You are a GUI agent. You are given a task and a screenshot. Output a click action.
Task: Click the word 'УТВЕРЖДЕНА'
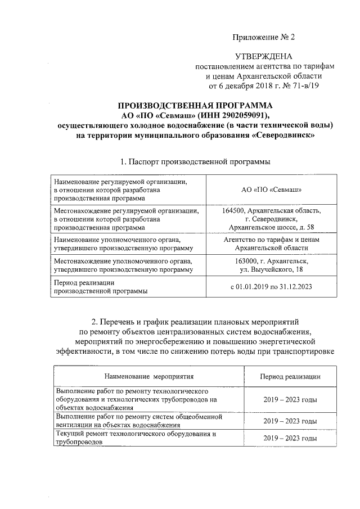coord(263,57)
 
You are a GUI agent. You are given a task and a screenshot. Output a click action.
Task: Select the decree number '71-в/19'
coord(305,86)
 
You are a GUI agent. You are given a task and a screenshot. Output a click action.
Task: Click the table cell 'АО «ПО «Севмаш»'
coord(272,190)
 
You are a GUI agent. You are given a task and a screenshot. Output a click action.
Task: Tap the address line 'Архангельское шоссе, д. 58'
coord(272,227)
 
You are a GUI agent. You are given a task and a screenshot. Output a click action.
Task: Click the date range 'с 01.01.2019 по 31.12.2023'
coord(272,287)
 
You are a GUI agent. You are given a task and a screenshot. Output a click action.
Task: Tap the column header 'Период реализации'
coord(290,376)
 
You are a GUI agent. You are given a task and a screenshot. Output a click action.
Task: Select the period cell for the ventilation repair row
coord(290,421)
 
